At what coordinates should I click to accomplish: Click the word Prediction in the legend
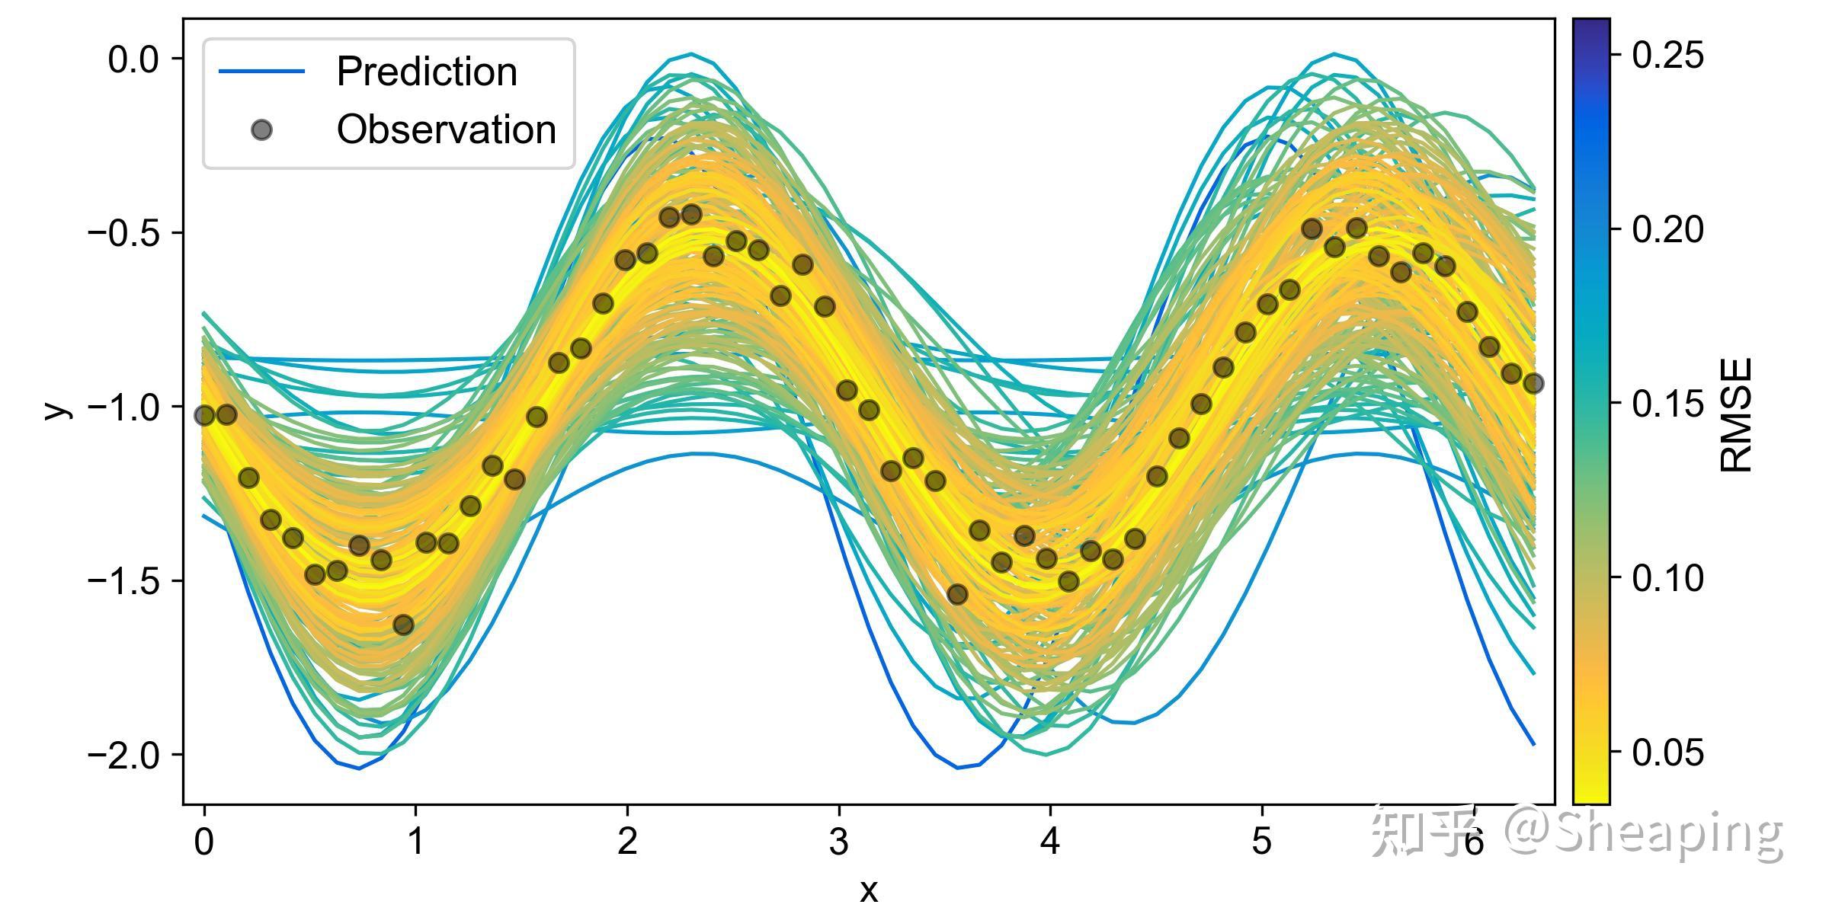point(427,72)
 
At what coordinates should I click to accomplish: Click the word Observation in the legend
point(447,130)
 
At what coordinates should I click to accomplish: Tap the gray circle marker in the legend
point(261,130)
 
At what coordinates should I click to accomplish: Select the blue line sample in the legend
point(261,72)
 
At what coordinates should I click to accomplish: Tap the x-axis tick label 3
point(838,842)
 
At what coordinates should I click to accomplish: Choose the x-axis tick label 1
point(415,842)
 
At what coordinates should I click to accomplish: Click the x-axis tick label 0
point(203,842)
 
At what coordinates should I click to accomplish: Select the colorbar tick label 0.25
point(1668,56)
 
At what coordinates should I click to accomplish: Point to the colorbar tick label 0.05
point(1668,753)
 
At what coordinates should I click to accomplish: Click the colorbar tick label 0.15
point(1668,404)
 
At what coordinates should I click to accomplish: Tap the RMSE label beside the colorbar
point(1737,415)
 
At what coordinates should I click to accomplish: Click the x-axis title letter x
point(868,890)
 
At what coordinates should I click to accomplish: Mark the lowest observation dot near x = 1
point(403,625)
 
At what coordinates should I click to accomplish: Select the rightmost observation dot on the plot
point(1533,383)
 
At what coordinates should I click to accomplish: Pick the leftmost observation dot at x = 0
point(204,415)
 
